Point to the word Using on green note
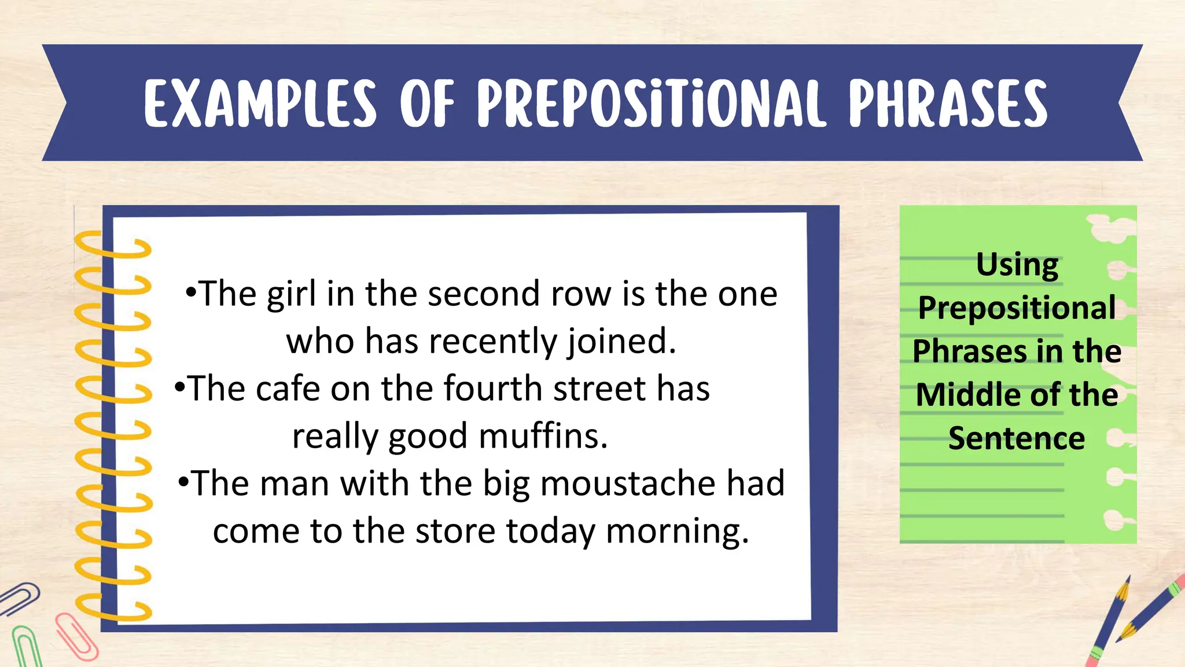coord(1017,265)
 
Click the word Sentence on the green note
coord(1017,438)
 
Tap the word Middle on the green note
coord(955,395)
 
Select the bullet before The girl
coord(191,292)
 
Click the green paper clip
coord(24,646)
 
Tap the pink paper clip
coord(76,637)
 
